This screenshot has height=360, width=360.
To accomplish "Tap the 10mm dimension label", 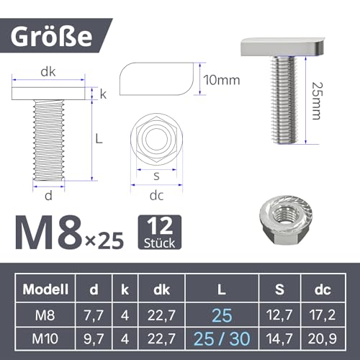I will (222, 80).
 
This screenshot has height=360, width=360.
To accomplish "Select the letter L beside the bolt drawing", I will (102, 138).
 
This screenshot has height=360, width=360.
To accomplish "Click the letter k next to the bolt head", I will (102, 94).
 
